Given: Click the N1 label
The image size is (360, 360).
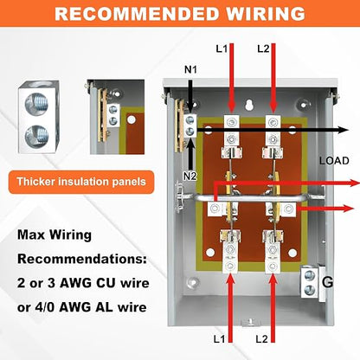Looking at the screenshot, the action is (x=190, y=69).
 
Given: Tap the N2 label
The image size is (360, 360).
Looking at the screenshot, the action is (x=190, y=176).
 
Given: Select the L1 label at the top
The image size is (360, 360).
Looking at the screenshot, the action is (x=222, y=48).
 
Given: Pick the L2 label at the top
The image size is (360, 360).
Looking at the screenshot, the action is (x=263, y=48).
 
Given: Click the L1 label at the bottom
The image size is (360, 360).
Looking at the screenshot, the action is (x=219, y=339).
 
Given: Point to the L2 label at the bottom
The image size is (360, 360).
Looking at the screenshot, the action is (x=262, y=339).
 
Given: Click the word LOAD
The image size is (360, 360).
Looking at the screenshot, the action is (x=334, y=161).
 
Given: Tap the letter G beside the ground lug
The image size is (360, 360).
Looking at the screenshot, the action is (x=328, y=281).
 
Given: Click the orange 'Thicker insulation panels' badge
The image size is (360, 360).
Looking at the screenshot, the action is (x=81, y=182).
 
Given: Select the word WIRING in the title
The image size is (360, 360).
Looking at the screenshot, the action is (x=266, y=14).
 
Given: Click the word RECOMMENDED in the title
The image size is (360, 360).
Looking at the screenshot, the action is (x=137, y=14).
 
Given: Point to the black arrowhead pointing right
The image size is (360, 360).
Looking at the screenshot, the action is (x=344, y=130).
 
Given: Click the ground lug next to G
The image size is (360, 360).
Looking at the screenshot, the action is (x=310, y=282).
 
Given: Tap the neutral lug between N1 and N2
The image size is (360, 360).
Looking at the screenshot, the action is (x=190, y=125).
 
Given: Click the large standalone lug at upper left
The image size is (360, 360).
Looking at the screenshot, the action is (x=39, y=116).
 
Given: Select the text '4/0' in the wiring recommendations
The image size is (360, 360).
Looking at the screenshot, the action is (x=45, y=307).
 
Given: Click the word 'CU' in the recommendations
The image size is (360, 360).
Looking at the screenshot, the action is (x=106, y=283).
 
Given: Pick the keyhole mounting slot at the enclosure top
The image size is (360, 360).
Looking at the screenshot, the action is (x=250, y=105).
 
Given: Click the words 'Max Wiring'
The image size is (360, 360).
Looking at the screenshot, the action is (x=55, y=235).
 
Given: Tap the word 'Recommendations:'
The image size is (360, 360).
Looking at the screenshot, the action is (x=82, y=259).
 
